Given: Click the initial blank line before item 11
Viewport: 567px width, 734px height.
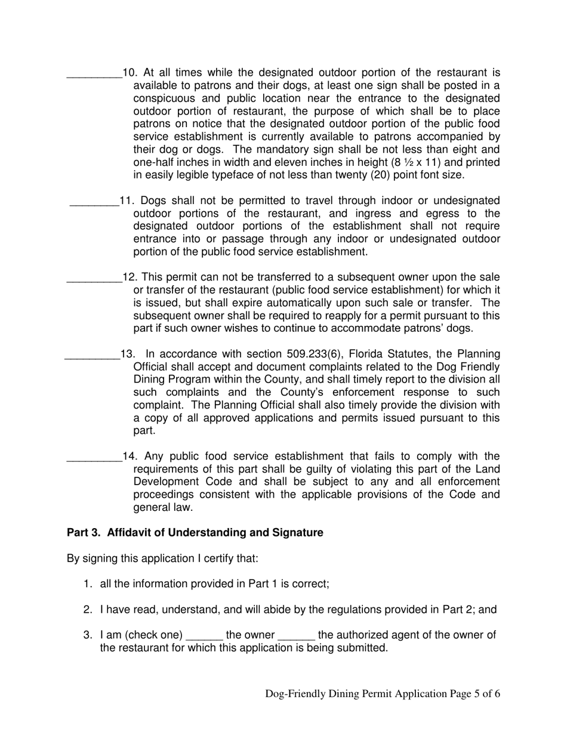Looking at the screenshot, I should pos(94,202).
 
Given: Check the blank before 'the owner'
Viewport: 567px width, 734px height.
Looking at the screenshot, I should pos(205,636).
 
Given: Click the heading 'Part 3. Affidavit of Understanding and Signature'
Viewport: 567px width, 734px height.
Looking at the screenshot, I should pos(195,533).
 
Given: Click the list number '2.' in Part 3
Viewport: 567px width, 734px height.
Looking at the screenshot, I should pos(88,610).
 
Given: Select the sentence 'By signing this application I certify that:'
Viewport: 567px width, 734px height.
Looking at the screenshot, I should pos(162,560).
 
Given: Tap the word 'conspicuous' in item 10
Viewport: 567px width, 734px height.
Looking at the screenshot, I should pos(164,98).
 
